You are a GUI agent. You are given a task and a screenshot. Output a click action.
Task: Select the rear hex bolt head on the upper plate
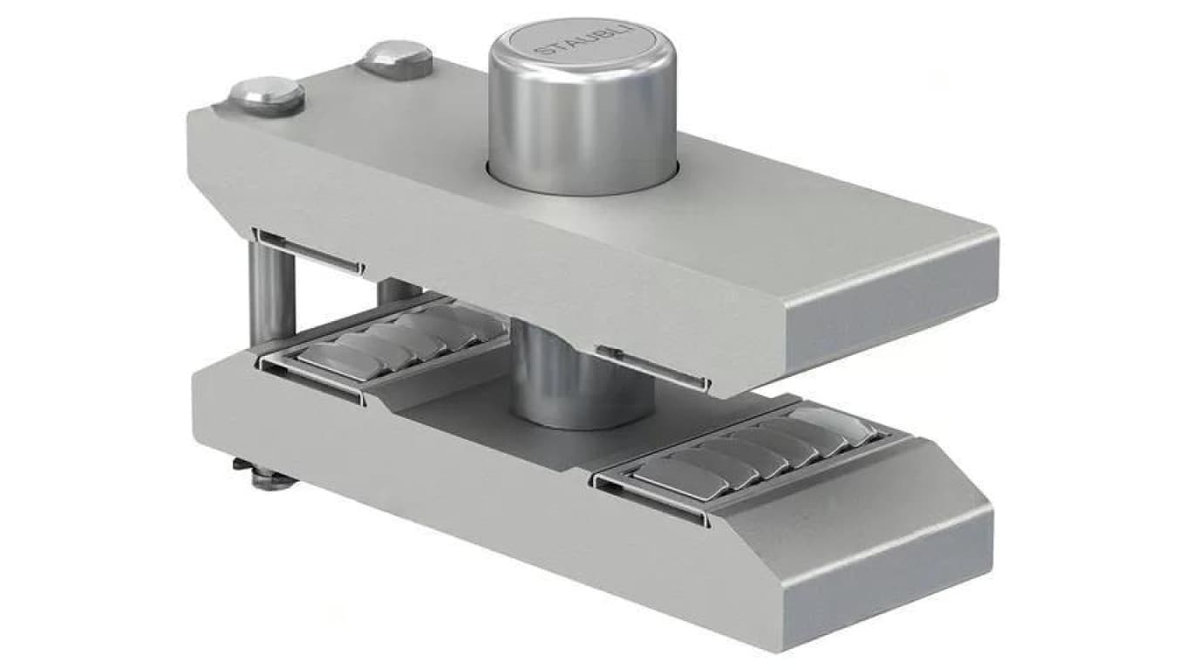tap(395, 58)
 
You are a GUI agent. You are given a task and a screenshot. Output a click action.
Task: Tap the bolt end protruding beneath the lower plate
tap(265, 474)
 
